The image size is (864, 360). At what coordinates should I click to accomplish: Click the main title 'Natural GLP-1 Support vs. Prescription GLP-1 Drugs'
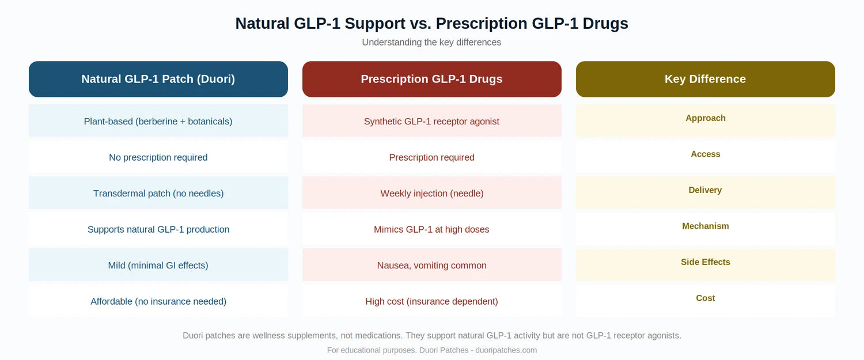pyautogui.click(x=431, y=24)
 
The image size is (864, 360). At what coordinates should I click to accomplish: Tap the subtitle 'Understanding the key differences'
pyautogui.click(x=431, y=43)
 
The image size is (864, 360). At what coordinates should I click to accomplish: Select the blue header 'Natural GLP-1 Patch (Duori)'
pyautogui.click(x=158, y=79)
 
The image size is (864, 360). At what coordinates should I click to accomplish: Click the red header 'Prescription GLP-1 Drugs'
pyautogui.click(x=431, y=79)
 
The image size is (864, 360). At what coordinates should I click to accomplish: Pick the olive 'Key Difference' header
pyautogui.click(x=705, y=79)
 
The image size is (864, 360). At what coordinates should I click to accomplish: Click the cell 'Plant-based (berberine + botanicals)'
pyautogui.click(x=158, y=122)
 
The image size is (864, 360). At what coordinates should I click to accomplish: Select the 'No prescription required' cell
pyautogui.click(x=158, y=157)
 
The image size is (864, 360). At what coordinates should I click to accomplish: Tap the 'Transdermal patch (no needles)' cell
pyautogui.click(x=158, y=194)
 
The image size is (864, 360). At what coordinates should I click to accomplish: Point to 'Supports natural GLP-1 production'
pyautogui.click(x=158, y=229)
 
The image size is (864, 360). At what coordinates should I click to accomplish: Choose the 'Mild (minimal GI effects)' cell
pyautogui.click(x=158, y=266)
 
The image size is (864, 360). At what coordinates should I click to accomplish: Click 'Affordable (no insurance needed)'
pyautogui.click(x=158, y=301)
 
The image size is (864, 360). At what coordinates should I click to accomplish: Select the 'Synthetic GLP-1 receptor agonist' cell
pyautogui.click(x=431, y=122)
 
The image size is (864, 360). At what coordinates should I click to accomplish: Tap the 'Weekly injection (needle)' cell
pyautogui.click(x=431, y=194)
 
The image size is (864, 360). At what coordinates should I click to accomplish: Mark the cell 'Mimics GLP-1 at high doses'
pyautogui.click(x=431, y=229)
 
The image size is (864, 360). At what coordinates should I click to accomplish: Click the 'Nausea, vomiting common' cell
pyautogui.click(x=431, y=266)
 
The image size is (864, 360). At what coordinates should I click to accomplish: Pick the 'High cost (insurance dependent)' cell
pyautogui.click(x=431, y=301)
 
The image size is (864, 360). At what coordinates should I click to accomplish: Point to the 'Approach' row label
pyautogui.click(x=705, y=118)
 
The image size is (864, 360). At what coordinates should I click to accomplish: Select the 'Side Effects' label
pyautogui.click(x=705, y=262)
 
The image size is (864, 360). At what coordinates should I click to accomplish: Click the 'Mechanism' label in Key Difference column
pyautogui.click(x=705, y=226)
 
